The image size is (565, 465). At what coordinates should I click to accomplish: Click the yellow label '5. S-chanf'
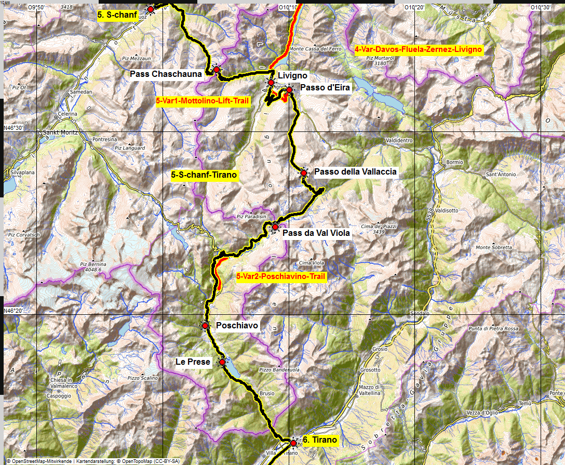point(117,16)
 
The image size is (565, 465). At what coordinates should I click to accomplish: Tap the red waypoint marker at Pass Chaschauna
point(216,70)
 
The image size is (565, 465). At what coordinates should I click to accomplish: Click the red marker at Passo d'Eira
point(289,90)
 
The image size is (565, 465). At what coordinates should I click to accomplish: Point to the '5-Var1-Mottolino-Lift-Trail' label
point(203,101)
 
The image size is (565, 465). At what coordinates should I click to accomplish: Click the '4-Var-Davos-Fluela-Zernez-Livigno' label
point(419,50)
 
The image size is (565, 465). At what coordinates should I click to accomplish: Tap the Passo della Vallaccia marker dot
point(304,172)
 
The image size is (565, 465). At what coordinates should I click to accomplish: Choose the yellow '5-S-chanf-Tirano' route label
point(204,175)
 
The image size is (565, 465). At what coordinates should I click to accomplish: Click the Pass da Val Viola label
point(316,233)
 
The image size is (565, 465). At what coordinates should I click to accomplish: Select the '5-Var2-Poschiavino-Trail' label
point(280,277)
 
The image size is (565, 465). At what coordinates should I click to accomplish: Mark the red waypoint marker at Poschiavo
point(205,325)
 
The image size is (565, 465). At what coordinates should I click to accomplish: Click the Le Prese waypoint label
point(193,362)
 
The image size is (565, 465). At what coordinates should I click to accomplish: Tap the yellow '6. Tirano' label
point(319,440)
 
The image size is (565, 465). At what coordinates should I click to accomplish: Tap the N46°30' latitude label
point(14,128)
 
